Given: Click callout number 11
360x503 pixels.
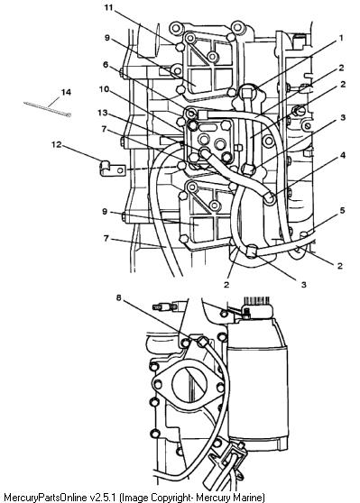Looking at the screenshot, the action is pos(109,7).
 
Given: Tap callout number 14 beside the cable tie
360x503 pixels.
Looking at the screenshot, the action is pos(66,92).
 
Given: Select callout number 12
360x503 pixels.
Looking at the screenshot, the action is pos(56,144).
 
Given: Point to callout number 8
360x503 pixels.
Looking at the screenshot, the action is pos(119,298).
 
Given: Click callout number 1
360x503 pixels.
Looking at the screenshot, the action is pos(341,38).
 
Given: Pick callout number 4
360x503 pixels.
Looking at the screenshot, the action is pos(343,155).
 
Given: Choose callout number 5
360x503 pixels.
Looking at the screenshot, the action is pos(343,210).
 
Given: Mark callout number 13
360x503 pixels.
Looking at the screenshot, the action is pos(103,113).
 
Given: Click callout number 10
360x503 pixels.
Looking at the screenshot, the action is pos(104,89).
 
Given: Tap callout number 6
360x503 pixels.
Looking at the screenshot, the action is pos(106,65).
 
